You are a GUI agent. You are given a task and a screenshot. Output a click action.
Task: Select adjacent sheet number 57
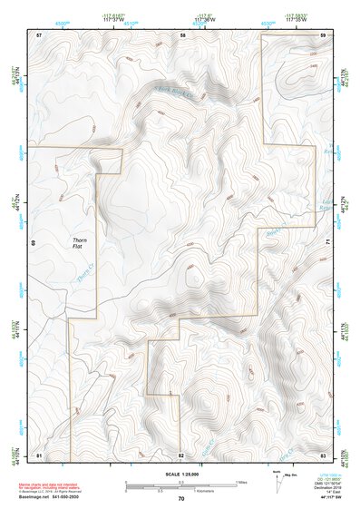[39, 34]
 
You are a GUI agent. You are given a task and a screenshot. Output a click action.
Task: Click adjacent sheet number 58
[182, 34]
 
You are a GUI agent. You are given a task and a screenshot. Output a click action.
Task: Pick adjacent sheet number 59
[324, 34]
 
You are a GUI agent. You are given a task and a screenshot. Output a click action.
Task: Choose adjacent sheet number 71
[327, 241]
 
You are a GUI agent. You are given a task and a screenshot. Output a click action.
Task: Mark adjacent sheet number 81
[39, 454]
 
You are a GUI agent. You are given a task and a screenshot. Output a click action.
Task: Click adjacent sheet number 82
[181, 454]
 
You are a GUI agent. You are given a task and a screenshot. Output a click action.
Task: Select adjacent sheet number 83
[324, 454]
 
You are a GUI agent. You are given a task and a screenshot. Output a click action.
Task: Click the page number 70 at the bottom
[181, 499]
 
